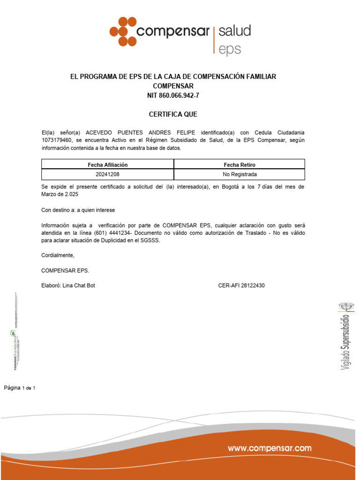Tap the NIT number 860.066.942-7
pyautogui.click(x=173, y=96)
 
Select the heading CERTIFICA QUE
pyautogui.click(x=173, y=114)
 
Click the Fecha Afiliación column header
pyautogui.click(x=108, y=165)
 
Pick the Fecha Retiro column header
pyautogui.click(x=240, y=165)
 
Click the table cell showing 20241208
pyautogui.click(x=108, y=174)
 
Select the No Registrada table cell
pyautogui.click(x=240, y=174)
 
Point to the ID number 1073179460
pyautogui.click(x=56, y=141)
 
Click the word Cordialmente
pyautogui.click(x=58, y=255)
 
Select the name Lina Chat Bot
pyautogui.click(x=79, y=285)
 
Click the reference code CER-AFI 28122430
pyautogui.click(x=241, y=285)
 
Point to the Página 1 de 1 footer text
pyautogui.click(x=20, y=388)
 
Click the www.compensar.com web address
pyautogui.click(x=270, y=449)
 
